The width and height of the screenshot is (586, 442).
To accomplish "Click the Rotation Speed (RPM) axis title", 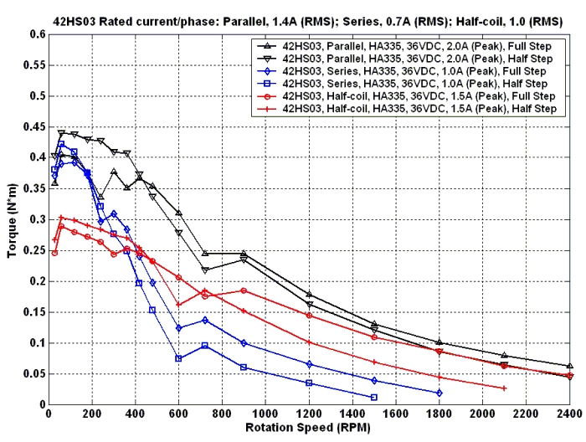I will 309,428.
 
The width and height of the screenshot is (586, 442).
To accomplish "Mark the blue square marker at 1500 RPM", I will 374,397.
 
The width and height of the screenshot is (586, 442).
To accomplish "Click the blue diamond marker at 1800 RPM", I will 439,393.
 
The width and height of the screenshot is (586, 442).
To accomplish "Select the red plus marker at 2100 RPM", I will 505,388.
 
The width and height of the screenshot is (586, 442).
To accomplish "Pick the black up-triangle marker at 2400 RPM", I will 569,366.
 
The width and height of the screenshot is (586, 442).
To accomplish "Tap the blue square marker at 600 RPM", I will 179,358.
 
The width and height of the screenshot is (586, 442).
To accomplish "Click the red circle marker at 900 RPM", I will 244,290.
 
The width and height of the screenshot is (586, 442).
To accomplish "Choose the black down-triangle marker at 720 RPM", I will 205,270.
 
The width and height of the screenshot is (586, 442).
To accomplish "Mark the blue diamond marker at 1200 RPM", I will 309,364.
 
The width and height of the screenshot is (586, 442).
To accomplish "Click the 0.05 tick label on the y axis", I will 34,374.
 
